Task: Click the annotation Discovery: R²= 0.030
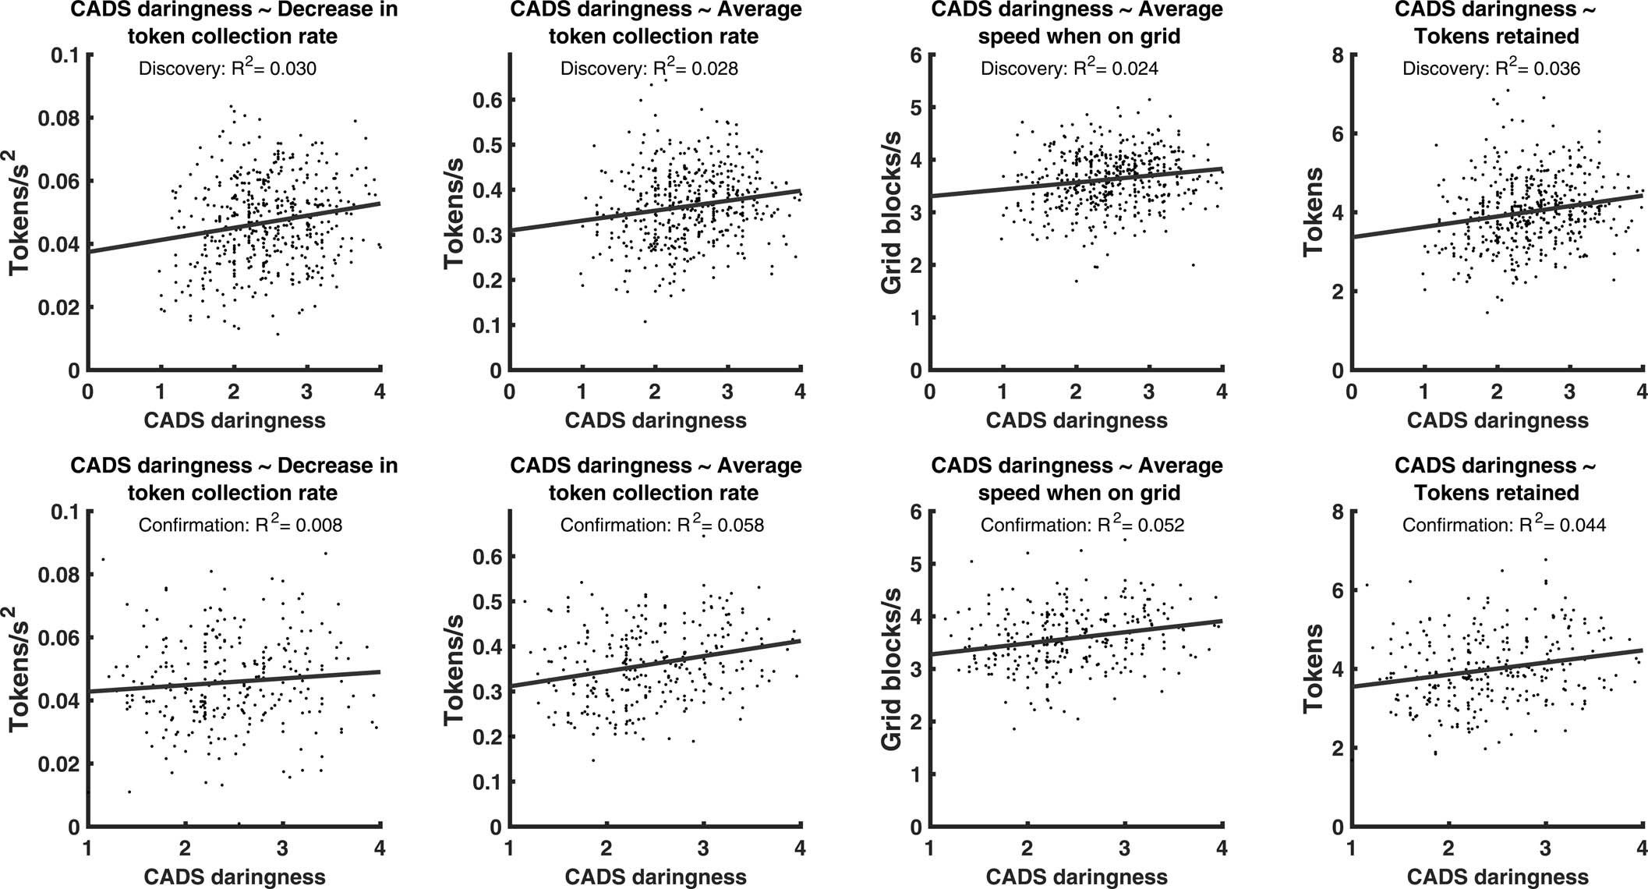point(227,69)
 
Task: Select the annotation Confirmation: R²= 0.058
point(662,525)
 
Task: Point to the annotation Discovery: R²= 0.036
point(1491,69)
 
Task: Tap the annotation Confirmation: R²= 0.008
point(240,525)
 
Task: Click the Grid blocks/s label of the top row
point(892,213)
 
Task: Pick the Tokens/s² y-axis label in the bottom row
point(21,669)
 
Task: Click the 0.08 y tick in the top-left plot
point(59,119)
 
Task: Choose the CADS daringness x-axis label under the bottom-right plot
point(1497,877)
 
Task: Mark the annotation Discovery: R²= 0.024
point(1069,69)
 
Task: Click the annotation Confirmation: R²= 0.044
point(1504,525)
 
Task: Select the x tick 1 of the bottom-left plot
point(87,848)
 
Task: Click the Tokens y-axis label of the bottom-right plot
point(1314,669)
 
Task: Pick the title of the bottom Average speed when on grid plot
point(1077,479)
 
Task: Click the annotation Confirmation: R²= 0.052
point(1082,525)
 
